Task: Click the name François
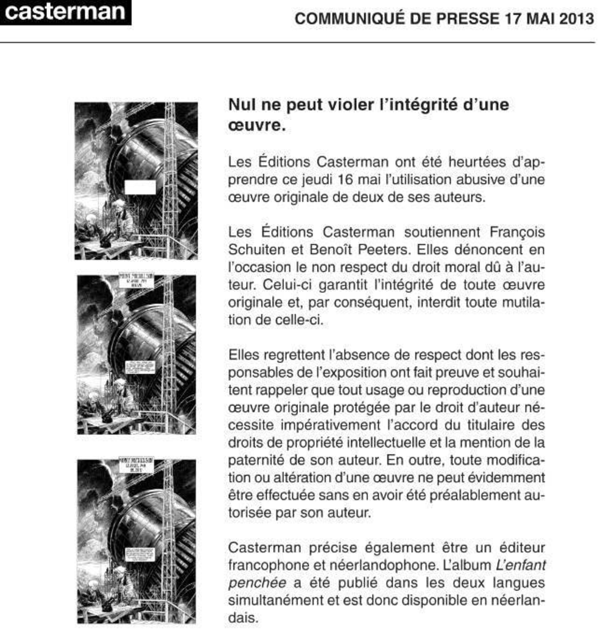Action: (x=517, y=232)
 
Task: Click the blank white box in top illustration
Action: (x=140, y=187)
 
